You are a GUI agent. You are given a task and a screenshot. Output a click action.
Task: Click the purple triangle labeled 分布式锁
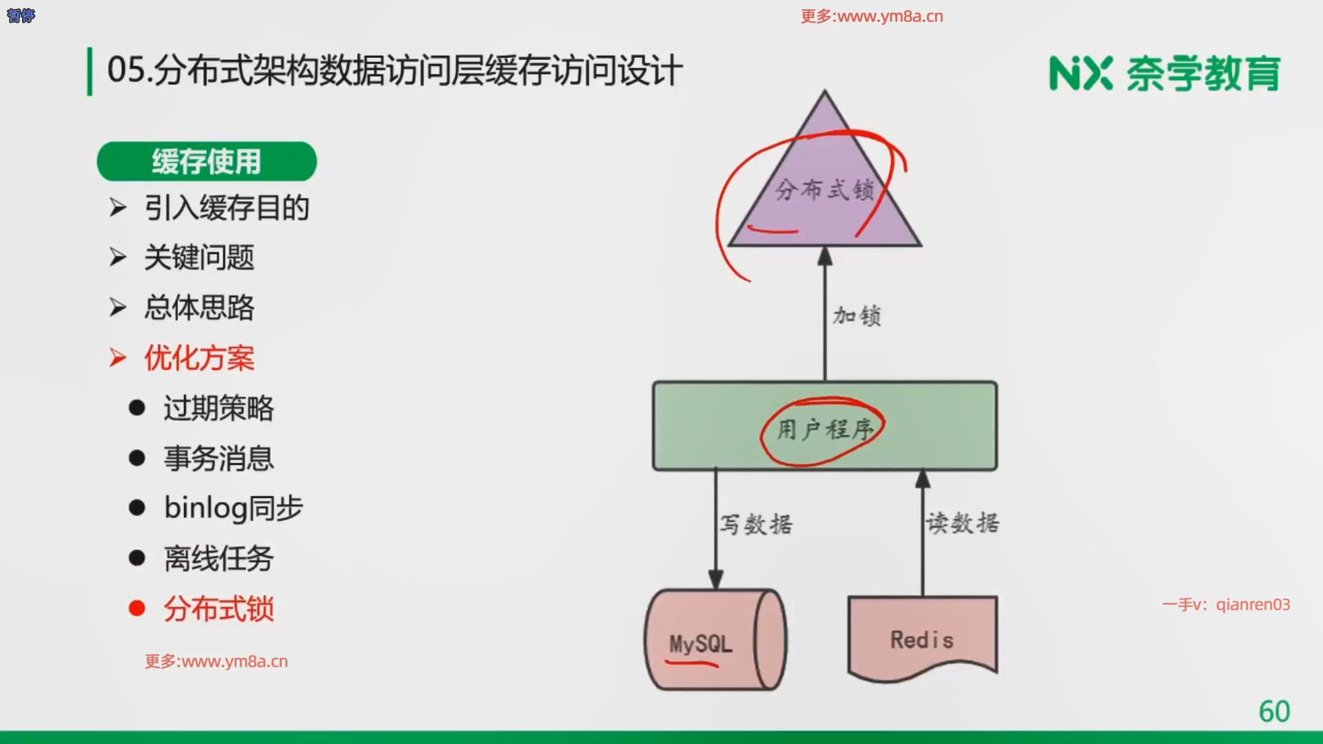(825, 186)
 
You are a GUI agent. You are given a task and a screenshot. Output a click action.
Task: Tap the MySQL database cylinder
(715, 639)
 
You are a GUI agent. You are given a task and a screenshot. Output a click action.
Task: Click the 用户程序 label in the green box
(825, 430)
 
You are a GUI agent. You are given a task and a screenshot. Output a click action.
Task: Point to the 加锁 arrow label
(857, 316)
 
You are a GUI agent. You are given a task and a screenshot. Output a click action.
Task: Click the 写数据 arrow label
(756, 524)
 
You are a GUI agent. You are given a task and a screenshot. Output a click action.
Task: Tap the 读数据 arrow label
(963, 523)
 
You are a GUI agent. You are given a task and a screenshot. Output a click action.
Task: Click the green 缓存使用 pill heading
(207, 162)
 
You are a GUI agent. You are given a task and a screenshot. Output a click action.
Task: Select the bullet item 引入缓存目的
(227, 208)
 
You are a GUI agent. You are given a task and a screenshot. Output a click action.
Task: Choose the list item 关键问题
(199, 258)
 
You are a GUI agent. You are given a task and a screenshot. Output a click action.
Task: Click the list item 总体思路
(199, 307)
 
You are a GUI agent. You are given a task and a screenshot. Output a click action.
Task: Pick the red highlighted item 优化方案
(199, 358)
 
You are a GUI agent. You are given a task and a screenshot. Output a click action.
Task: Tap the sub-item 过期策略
(218, 409)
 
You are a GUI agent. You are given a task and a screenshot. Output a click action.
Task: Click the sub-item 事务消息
(218, 459)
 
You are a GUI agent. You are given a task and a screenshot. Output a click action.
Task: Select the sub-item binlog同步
(234, 508)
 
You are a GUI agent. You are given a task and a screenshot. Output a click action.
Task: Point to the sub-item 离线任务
(218, 559)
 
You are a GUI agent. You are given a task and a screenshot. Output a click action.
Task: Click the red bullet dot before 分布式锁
(137, 608)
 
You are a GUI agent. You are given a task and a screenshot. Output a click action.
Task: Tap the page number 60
(1274, 712)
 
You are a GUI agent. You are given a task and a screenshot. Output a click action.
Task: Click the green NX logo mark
(1080, 74)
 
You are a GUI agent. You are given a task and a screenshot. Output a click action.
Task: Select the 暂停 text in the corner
(21, 15)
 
